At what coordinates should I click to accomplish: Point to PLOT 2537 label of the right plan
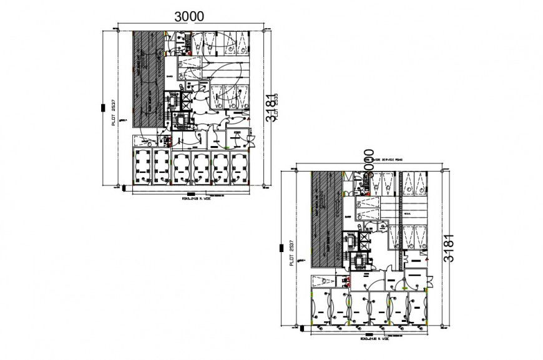click(x=291, y=254)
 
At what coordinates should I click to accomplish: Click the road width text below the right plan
click(x=373, y=339)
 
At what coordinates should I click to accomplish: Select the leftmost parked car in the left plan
click(x=142, y=167)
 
